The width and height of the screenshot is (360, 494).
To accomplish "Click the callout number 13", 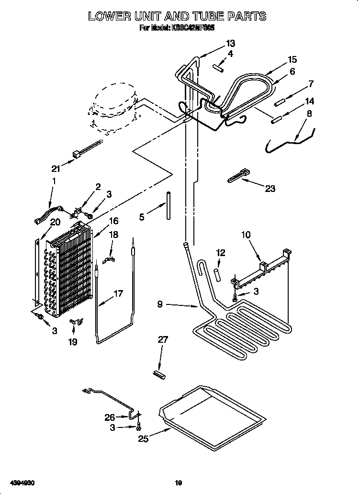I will coord(231,44).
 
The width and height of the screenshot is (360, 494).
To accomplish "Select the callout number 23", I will coord(270,189).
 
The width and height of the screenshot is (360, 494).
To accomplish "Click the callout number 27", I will coord(163,340).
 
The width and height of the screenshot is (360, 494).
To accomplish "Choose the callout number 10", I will coord(246,235).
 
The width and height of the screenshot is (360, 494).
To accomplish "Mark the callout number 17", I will coord(118,293).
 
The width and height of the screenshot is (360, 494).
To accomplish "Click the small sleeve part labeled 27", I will coord(158,374).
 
